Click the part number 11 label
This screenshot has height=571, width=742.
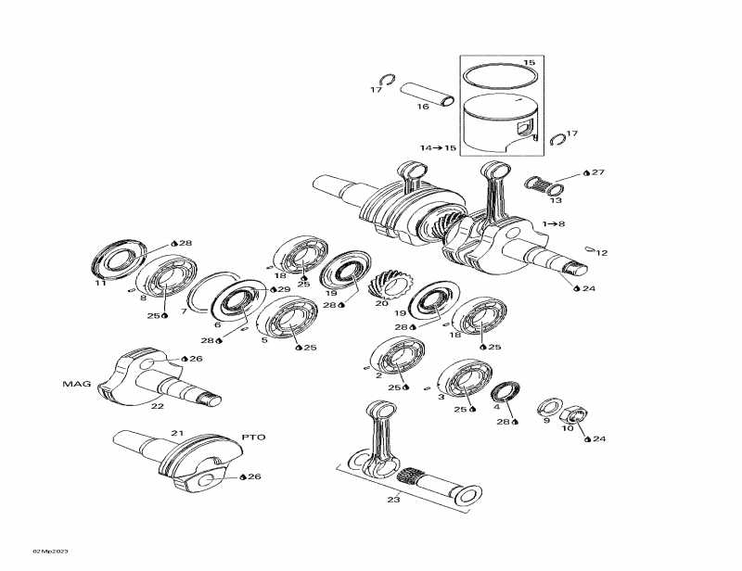click(x=100, y=284)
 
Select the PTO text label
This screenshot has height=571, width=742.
click(x=253, y=436)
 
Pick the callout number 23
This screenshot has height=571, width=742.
click(x=393, y=501)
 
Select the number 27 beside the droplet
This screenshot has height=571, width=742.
click(x=597, y=172)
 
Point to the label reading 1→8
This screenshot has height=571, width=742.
click(x=555, y=223)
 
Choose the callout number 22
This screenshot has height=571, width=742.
click(x=158, y=405)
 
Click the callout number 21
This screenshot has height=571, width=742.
click(x=176, y=433)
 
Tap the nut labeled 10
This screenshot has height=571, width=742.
click(x=574, y=413)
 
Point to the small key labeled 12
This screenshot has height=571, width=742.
click(x=590, y=247)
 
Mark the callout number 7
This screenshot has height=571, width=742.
click(x=184, y=311)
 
